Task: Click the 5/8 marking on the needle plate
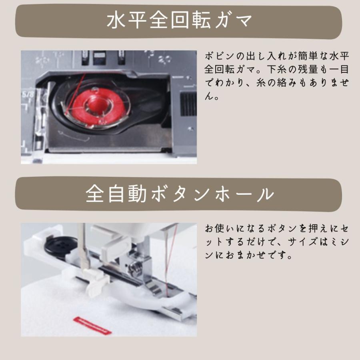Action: pyautogui.click(x=26, y=95)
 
